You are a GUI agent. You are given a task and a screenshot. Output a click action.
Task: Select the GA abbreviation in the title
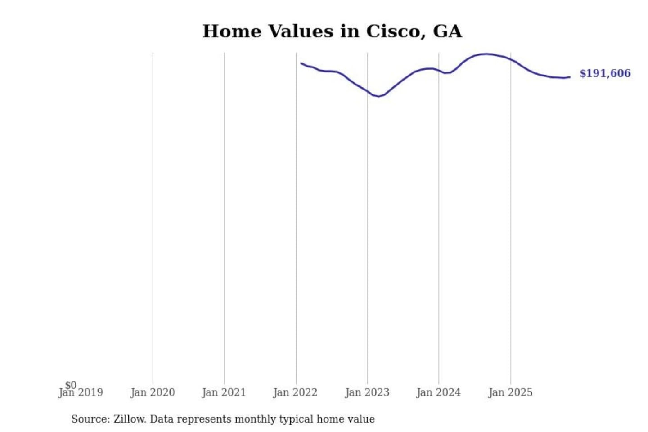(x=447, y=31)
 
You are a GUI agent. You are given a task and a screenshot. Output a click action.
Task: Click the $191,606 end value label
(x=605, y=73)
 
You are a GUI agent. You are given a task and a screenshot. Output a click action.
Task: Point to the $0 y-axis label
(x=71, y=385)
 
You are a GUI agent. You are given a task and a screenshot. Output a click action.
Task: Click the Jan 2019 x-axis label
(x=81, y=392)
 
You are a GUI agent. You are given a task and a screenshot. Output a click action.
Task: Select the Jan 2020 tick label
(x=153, y=392)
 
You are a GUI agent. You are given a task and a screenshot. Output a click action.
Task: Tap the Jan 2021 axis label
(x=224, y=392)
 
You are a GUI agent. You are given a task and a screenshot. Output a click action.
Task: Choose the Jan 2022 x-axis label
(x=295, y=392)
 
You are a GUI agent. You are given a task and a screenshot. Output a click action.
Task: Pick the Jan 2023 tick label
(x=367, y=392)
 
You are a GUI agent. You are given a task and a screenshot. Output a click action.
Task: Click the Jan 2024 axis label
(x=438, y=392)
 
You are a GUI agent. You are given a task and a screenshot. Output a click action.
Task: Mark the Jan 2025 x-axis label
(x=510, y=392)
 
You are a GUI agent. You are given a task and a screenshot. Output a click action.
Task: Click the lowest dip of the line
(x=378, y=96)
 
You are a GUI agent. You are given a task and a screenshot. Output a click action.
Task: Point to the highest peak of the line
(x=486, y=54)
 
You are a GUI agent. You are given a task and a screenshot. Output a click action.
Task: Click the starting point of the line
(x=301, y=63)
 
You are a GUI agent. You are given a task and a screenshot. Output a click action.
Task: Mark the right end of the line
(x=570, y=77)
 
